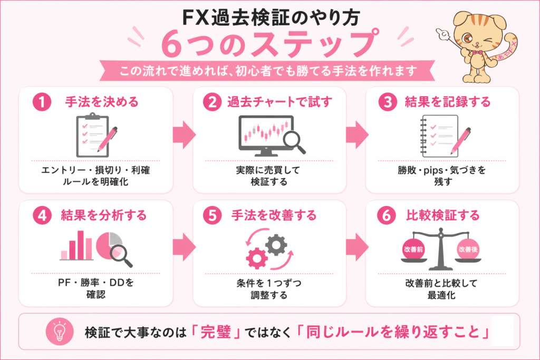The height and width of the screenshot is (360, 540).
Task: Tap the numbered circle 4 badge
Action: [x=40, y=215]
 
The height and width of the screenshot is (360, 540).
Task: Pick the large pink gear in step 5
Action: [x=258, y=258]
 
